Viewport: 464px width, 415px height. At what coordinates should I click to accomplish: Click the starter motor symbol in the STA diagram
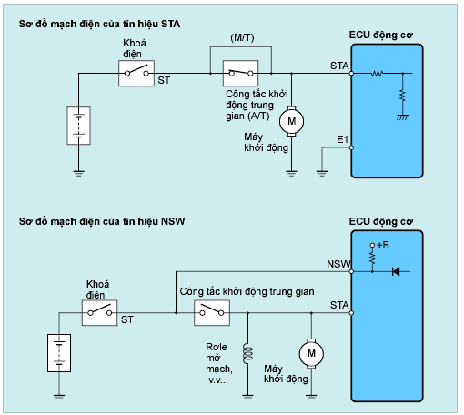point(291,121)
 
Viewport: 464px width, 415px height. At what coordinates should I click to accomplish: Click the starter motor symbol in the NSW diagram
point(311,353)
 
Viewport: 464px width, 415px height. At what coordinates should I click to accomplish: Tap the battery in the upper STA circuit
point(78,126)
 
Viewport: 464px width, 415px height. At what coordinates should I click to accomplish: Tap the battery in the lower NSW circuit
point(59,353)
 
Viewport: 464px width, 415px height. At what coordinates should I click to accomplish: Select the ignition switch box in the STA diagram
point(136,73)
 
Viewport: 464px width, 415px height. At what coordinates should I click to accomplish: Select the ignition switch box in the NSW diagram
point(99,313)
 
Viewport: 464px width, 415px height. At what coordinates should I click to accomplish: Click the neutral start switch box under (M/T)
point(241,73)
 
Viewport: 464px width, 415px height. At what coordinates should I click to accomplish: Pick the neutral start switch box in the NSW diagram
point(212,313)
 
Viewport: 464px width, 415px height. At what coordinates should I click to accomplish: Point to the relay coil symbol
point(247,353)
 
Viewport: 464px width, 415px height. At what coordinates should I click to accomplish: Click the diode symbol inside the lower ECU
point(396,271)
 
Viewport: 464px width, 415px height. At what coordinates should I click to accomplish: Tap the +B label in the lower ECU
point(383,245)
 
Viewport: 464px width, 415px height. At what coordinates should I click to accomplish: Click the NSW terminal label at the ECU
point(338,264)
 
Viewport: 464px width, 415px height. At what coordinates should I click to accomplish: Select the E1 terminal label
point(342,139)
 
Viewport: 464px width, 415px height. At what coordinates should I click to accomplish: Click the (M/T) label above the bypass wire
point(242,38)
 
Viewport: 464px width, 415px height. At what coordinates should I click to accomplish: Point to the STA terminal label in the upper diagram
point(339,66)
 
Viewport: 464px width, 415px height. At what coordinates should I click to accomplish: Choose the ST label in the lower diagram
point(127,319)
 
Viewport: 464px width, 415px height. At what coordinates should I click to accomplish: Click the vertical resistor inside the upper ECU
point(403,96)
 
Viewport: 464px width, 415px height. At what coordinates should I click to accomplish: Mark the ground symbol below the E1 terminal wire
point(322,174)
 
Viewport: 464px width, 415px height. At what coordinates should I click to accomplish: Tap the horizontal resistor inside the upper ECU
point(377,73)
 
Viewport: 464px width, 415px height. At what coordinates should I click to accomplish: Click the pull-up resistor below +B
point(372,258)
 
